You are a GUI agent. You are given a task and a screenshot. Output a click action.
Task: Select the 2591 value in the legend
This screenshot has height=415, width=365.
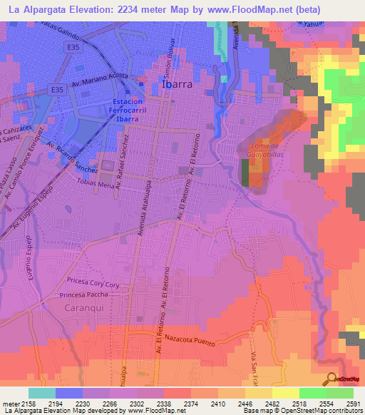[x=354, y=402]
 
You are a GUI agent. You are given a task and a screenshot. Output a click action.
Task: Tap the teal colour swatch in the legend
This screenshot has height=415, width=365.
[x=42, y=393]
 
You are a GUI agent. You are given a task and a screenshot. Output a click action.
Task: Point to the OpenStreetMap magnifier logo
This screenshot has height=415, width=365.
[x=331, y=379]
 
